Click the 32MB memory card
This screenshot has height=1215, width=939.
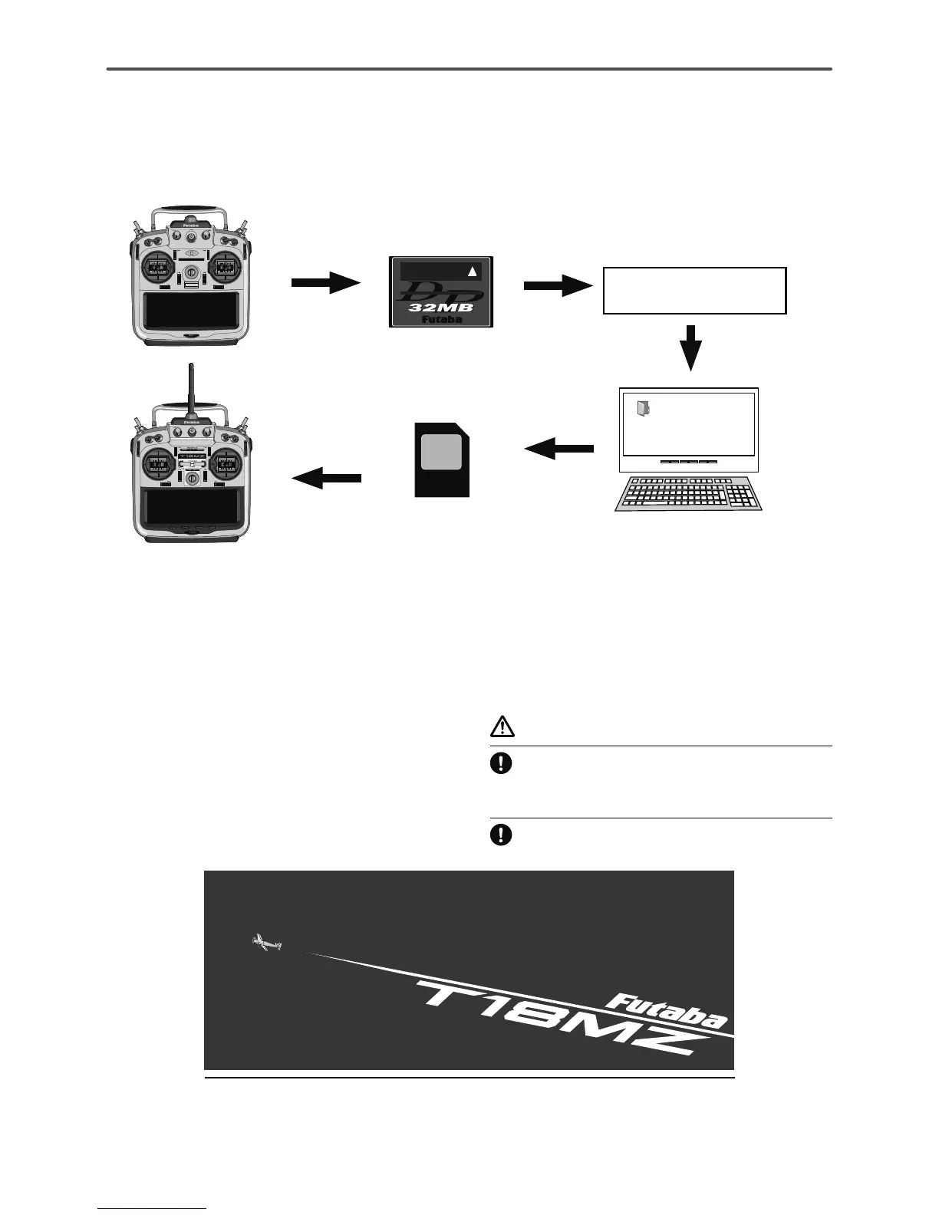click(440, 292)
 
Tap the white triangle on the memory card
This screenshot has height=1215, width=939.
click(473, 271)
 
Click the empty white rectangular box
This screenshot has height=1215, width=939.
click(694, 291)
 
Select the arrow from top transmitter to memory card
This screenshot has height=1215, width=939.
click(325, 284)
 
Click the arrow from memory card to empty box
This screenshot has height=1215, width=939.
click(558, 286)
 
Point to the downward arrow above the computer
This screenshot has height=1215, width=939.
click(692, 347)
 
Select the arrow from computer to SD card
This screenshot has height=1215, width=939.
click(558, 448)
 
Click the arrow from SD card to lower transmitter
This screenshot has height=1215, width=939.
click(327, 479)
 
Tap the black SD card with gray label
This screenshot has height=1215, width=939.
click(442, 459)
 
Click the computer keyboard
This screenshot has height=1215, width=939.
click(688, 493)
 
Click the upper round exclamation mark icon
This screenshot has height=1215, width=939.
click(500, 764)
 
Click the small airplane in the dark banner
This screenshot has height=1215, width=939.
click(267, 943)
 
